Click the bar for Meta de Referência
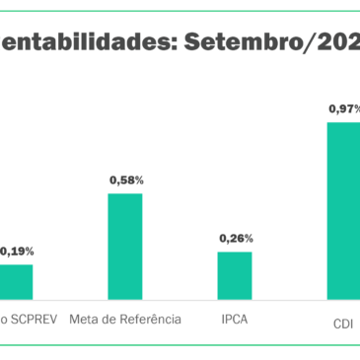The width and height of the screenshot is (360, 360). (124, 246)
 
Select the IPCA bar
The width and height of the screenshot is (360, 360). (235, 274)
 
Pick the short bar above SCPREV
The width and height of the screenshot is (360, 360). (15, 281)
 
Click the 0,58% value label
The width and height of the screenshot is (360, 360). (125, 180)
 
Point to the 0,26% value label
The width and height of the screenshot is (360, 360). (236, 238)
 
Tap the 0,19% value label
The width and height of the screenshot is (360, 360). (16, 252)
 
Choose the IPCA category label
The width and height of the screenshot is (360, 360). (235, 319)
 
